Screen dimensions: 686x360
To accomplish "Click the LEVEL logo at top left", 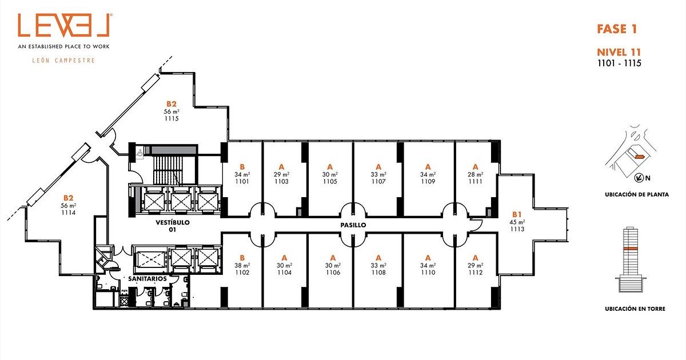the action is click(63, 25).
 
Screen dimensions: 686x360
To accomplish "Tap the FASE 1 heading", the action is click(617, 29).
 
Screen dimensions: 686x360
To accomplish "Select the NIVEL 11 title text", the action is click(619, 52).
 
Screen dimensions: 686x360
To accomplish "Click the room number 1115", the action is click(171, 118).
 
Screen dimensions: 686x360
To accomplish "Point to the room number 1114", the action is click(68, 213).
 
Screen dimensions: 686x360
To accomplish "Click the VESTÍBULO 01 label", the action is click(173, 226).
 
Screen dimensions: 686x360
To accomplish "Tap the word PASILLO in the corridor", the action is click(353, 225).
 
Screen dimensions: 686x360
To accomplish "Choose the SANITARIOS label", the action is click(147, 279).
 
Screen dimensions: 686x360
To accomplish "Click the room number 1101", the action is click(242, 182).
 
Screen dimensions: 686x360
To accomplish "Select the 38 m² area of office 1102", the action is click(242, 265).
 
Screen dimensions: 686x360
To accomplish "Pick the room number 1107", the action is click(378, 182).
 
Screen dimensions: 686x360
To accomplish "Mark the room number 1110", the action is click(428, 273).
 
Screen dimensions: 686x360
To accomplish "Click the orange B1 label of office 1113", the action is click(517, 214).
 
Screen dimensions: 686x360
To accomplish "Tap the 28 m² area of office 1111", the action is click(475, 174).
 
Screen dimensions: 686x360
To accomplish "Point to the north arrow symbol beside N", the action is click(639, 178).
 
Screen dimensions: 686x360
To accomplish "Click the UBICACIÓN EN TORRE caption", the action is click(635, 309).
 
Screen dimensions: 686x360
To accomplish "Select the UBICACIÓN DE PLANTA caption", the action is click(637, 194).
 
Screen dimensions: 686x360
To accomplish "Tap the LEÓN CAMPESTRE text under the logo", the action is click(63, 61).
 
